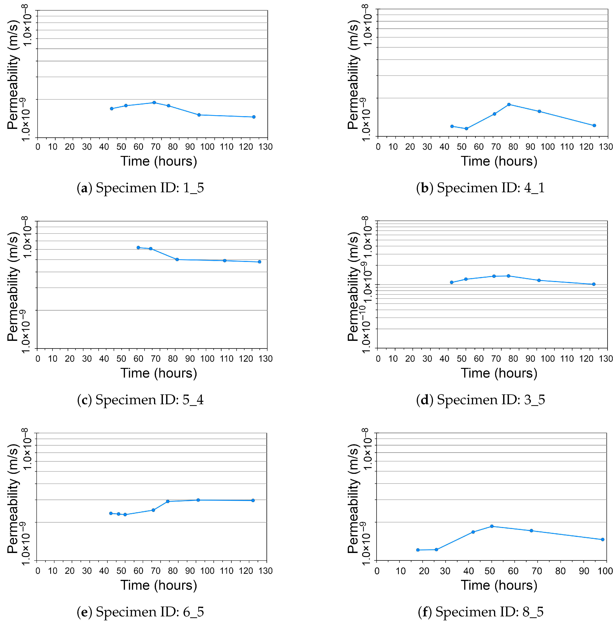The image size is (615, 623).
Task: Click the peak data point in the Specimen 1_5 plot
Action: click(x=154, y=103)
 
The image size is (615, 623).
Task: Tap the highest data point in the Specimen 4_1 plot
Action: click(x=509, y=104)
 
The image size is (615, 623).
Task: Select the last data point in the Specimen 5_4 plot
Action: click(x=259, y=262)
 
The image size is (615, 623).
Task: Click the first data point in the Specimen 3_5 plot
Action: click(x=452, y=283)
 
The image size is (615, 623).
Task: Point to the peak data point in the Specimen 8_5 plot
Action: click(x=492, y=526)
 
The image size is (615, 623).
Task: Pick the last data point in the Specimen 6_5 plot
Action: click(x=253, y=501)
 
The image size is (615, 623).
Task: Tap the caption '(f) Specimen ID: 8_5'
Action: click(x=481, y=611)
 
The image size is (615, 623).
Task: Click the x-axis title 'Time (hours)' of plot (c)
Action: click(x=159, y=373)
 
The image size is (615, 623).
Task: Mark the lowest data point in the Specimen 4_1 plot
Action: click(x=466, y=129)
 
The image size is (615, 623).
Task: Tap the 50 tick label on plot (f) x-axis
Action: click(x=490, y=571)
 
